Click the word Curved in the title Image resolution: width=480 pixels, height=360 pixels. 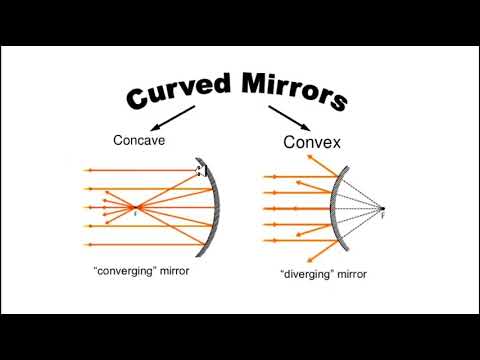tap(175, 92)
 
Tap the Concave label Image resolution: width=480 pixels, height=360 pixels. tap(139, 141)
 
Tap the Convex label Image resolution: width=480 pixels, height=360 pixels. tap(313, 143)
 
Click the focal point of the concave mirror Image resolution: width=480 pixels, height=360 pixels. tap(137, 208)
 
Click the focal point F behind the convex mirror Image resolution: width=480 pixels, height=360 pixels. tap(381, 209)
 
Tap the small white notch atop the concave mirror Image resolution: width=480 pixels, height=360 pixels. tap(202, 170)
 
